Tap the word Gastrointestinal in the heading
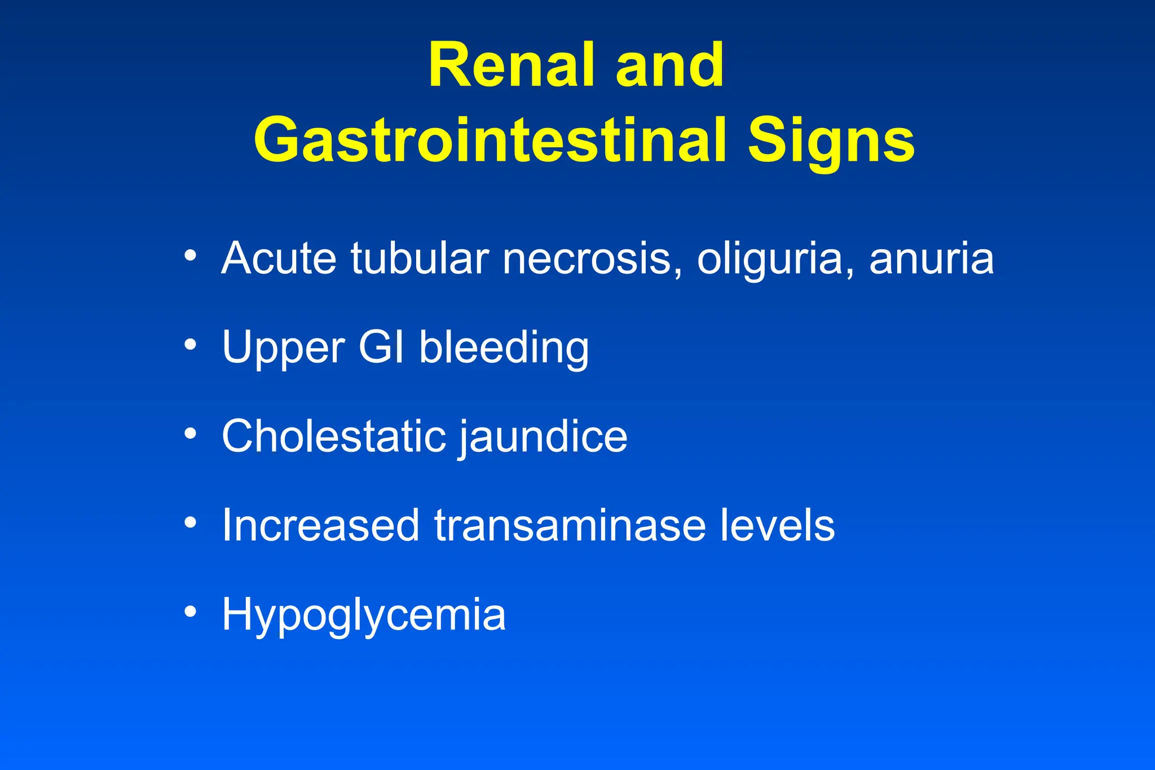pos(490,140)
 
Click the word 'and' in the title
pos(669,65)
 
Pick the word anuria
pos(931,258)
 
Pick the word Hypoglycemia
pos(364,615)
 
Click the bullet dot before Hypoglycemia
pos(191,611)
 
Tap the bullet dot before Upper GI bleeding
pos(191,344)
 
